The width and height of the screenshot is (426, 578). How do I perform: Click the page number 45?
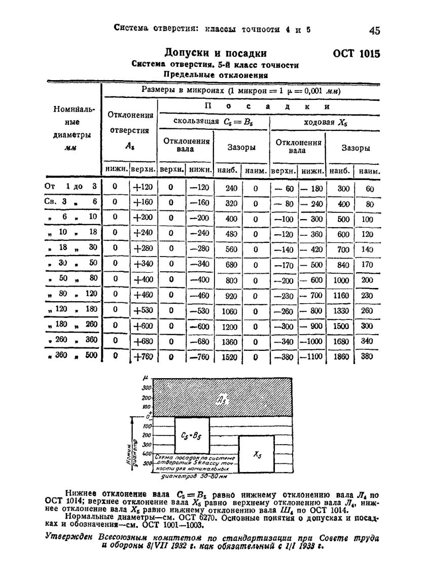coord(375,31)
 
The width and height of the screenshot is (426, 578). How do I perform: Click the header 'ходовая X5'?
coord(324,122)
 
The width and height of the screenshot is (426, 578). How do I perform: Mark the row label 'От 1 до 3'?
coord(70,187)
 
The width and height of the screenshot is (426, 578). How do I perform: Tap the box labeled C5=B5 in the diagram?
coord(191,435)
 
